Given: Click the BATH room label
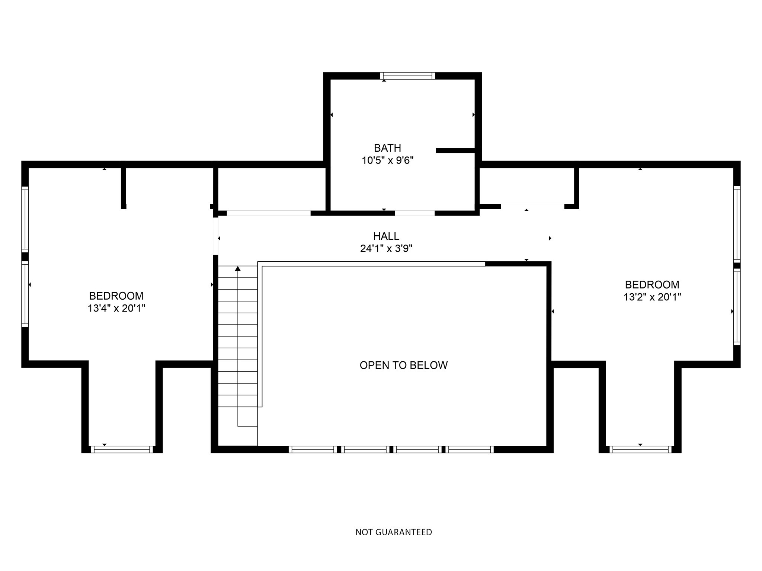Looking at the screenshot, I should [387, 148].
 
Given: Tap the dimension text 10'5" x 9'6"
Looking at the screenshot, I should [388, 161].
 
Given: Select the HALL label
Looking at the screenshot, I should [386, 236].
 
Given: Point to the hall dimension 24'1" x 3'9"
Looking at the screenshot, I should [386, 248].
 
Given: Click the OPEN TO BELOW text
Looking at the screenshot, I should [403, 365].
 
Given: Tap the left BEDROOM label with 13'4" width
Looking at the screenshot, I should [116, 296].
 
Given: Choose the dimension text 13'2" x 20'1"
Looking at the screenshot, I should [652, 297].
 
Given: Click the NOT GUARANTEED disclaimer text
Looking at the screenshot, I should [394, 532].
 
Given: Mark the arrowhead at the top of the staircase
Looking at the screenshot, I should [238, 268].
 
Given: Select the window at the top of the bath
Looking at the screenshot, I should [407, 76].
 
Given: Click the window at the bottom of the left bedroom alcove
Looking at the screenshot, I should [122, 449].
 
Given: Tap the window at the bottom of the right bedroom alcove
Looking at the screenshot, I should [640, 449].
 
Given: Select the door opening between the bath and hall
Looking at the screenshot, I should [414, 213].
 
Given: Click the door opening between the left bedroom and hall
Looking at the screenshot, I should [216, 236].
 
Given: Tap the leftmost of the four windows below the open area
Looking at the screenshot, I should [313, 449].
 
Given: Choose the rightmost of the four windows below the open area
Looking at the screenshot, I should [470, 449].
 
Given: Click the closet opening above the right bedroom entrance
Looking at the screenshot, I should [532, 206].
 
